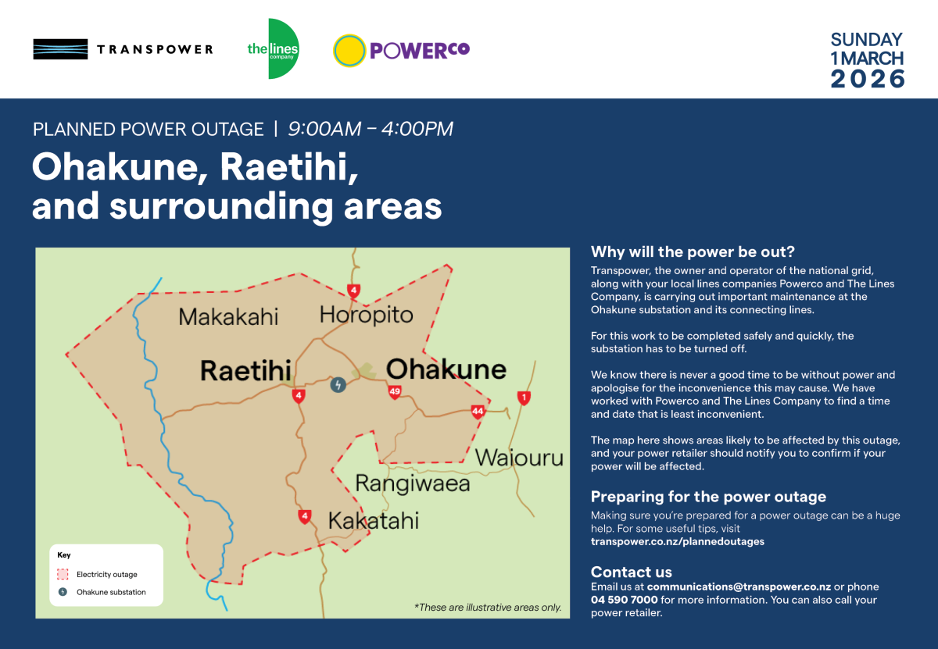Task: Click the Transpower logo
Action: [123, 49]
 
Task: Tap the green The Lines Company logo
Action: [273, 49]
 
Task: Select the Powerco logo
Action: [401, 50]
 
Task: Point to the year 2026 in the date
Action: [867, 79]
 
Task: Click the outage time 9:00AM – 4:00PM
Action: [371, 129]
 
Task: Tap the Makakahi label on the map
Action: [228, 316]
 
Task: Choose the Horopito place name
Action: [366, 315]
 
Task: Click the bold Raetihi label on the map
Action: [245, 370]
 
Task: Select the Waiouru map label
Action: [519, 457]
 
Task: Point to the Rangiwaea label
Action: [413, 483]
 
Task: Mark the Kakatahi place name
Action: [373, 520]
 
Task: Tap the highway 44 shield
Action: [478, 412]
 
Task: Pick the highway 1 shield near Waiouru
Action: [524, 398]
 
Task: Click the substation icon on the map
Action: [338, 384]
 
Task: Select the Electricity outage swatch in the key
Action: [63, 574]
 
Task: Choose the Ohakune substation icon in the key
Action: [63, 592]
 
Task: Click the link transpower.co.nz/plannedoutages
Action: [677, 541]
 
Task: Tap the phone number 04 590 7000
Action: [624, 600]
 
